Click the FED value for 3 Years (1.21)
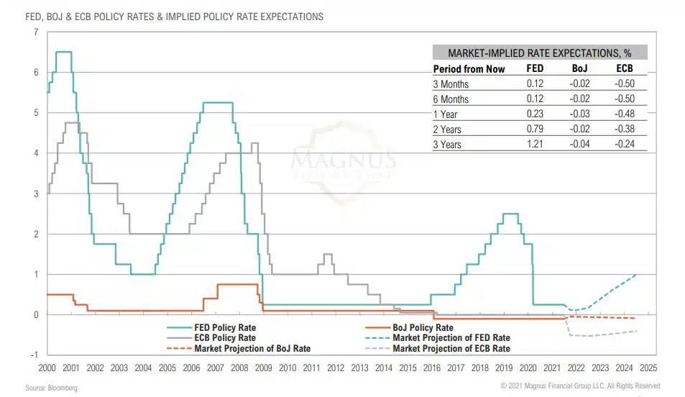(x=535, y=145)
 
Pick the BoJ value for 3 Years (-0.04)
(x=580, y=145)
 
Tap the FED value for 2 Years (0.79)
(x=535, y=129)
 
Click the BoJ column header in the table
(x=580, y=69)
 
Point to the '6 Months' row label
(x=451, y=99)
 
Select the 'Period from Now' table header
(x=469, y=69)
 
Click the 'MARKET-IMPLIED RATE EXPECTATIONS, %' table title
(x=539, y=53)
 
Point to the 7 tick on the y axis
(x=36, y=32)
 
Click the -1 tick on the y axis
(x=34, y=355)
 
